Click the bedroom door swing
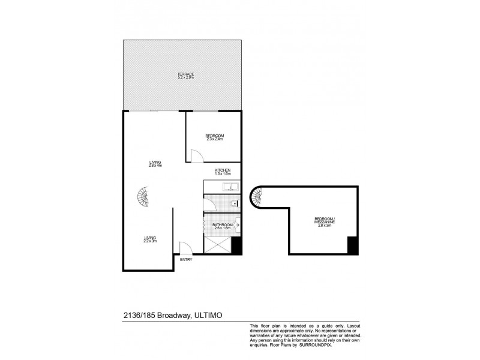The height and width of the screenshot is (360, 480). (x=196, y=155)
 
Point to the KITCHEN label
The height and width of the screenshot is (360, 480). (x=223, y=171)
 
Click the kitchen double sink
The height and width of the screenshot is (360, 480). (x=231, y=187)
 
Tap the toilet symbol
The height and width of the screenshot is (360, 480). (x=233, y=205)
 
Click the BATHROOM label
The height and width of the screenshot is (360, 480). (x=222, y=225)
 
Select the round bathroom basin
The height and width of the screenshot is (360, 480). (x=237, y=226)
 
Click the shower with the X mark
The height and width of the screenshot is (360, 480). (x=218, y=244)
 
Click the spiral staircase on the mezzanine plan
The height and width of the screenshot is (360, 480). (x=259, y=196)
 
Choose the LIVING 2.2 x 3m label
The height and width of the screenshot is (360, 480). (x=150, y=239)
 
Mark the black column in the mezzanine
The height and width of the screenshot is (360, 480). (x=353, y=245)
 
